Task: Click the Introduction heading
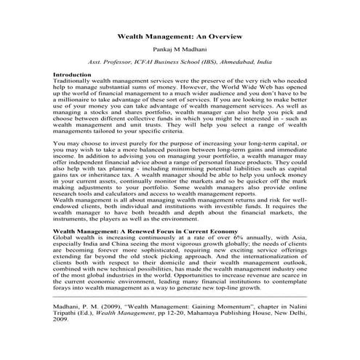73,75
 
